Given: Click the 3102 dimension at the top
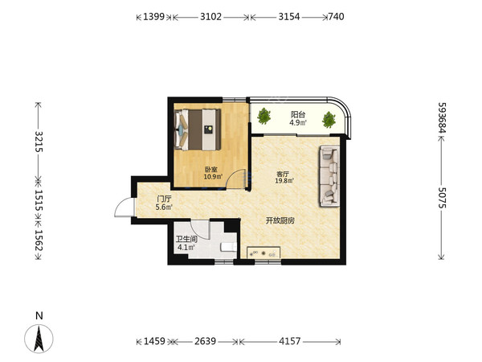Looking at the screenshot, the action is point(210,16).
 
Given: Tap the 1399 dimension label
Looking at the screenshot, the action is point(154,16).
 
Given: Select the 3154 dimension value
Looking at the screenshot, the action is point(289,16).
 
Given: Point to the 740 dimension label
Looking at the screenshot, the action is point(336,16).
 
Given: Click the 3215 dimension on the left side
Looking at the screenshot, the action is point(39,142).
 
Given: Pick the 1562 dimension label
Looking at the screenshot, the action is point(39,241).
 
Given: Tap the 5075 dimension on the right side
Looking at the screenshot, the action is point(442,198).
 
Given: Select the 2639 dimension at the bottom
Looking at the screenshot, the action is point(205,341).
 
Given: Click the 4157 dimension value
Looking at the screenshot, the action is point(289,341).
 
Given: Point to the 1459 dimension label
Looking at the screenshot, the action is point(154,341).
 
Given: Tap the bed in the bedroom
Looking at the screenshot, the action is point(198,130).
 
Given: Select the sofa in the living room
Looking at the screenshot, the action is point(329,175).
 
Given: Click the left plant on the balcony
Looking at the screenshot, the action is point(264,116).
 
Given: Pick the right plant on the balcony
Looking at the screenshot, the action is point(329,120).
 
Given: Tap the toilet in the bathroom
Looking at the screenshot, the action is point(229,247).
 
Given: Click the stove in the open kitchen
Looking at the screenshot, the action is point(263,253).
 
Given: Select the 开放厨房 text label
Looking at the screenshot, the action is point(280,220).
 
